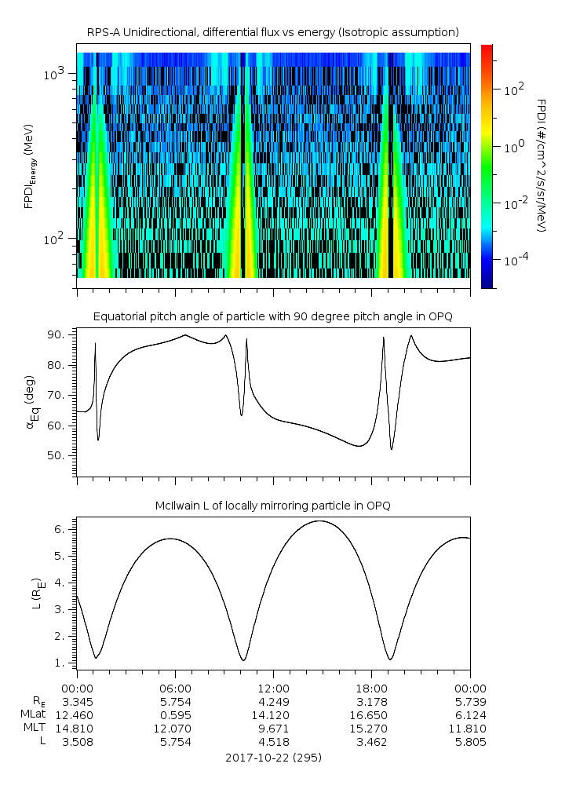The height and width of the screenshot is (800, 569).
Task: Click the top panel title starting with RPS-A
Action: (272, 32)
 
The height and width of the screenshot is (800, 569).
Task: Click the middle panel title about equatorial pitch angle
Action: (272, 316)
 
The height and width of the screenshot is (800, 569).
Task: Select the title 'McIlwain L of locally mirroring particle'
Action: (272, 505)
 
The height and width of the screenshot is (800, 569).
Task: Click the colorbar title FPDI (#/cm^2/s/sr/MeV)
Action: (542, 165)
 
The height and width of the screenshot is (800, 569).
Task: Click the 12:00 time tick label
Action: (273, 687)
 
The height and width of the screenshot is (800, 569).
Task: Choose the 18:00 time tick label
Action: (371, 687)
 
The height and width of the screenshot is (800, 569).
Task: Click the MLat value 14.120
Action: (273, 714)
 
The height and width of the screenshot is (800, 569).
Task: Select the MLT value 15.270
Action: (371, 728)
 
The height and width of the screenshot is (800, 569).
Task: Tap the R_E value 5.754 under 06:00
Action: (175, 701)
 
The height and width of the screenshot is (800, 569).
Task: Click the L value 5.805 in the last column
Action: (469, 742)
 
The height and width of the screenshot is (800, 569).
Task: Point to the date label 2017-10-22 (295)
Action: (273, 758)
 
